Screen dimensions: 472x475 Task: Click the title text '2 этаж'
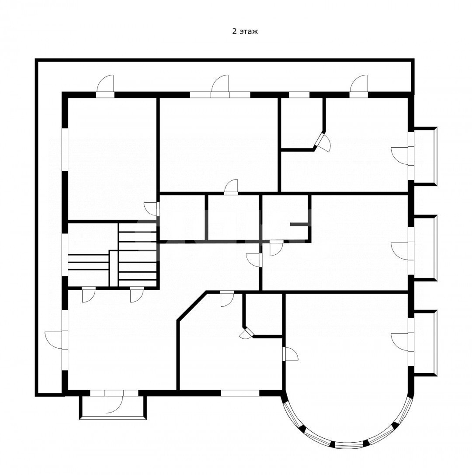[x=245, y=31]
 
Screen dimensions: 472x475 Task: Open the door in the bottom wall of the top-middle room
[x=231, y=187]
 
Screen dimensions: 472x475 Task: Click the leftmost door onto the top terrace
[x=105, y=87]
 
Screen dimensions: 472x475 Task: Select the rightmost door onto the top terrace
[x=359, y=87]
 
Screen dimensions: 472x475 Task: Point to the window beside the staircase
[x=65, y=254]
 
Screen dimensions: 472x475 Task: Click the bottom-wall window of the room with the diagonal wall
[x=240, y=393]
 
